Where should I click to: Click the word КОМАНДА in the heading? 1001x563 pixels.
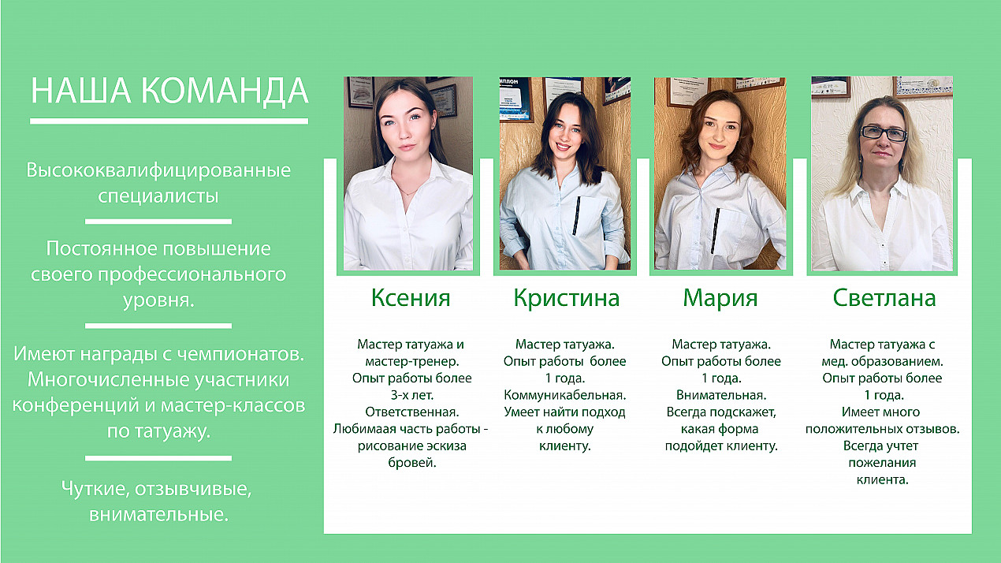(225, 91)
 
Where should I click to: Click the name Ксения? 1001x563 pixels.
(411, 297)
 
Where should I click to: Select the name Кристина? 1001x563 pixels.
(566, 298)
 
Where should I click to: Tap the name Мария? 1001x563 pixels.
(720, 298)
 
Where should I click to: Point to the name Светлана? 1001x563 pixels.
(884, 297)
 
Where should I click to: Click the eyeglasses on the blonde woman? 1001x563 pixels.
(884, 132)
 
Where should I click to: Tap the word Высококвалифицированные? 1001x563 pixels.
(158, 170)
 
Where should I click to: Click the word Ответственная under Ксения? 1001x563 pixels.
(411, 412)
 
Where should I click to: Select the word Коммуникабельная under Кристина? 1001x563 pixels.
(565, 395)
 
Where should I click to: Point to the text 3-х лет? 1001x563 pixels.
(412, 395)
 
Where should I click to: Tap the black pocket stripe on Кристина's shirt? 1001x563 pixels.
(576, 215)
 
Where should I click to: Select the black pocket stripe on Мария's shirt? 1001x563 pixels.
(716, 230)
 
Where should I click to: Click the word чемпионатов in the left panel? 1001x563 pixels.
(240, 354)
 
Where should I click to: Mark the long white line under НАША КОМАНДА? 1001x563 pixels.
(169, 121)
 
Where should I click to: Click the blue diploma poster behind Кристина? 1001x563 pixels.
(515, 99)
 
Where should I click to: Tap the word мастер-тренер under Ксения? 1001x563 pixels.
(412, 361)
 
